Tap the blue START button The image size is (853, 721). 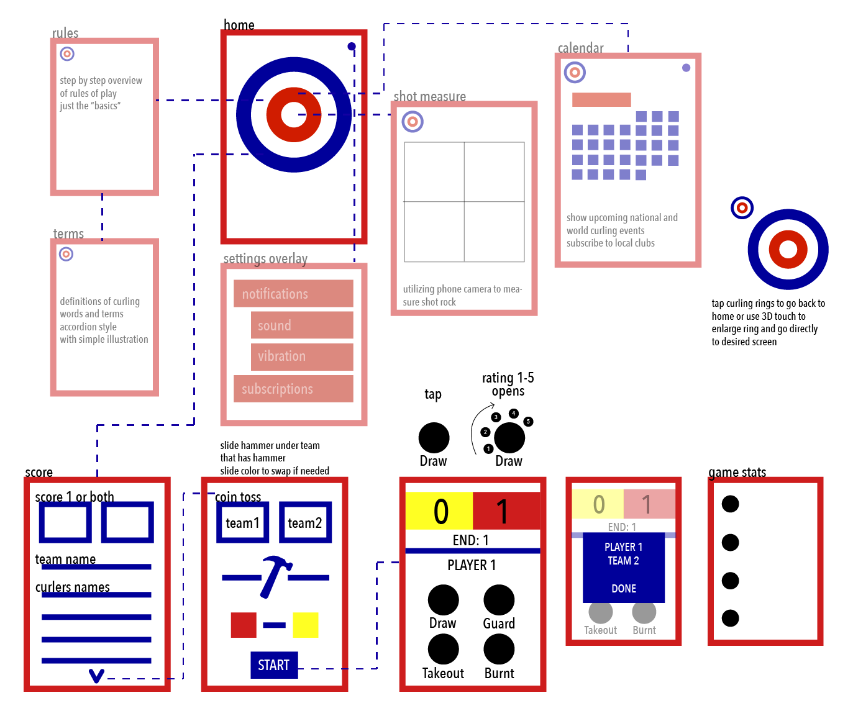[274, 664]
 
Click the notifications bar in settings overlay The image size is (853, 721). [293, 293]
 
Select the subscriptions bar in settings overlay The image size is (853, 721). [293, 389]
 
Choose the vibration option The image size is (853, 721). [302, 357]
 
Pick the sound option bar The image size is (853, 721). [302, 325]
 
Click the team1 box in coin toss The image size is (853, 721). [243, 522]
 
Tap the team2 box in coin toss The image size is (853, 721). [306, 522]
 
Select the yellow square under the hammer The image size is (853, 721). [306, 625]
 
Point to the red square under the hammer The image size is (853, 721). [244, 625]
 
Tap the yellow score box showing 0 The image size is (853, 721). [439, 510]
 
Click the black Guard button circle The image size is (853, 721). [499, 600]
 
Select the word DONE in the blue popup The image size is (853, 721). [624, 589]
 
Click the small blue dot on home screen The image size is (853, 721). [352, 46]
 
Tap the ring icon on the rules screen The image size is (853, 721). [67, 53]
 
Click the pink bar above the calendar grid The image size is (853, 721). [601, 99]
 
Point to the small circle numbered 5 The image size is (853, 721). [528, 422]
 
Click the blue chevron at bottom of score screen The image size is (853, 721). [96, 676]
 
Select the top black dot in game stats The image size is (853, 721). [730, 504]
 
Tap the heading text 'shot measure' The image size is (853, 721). [429, 96]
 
